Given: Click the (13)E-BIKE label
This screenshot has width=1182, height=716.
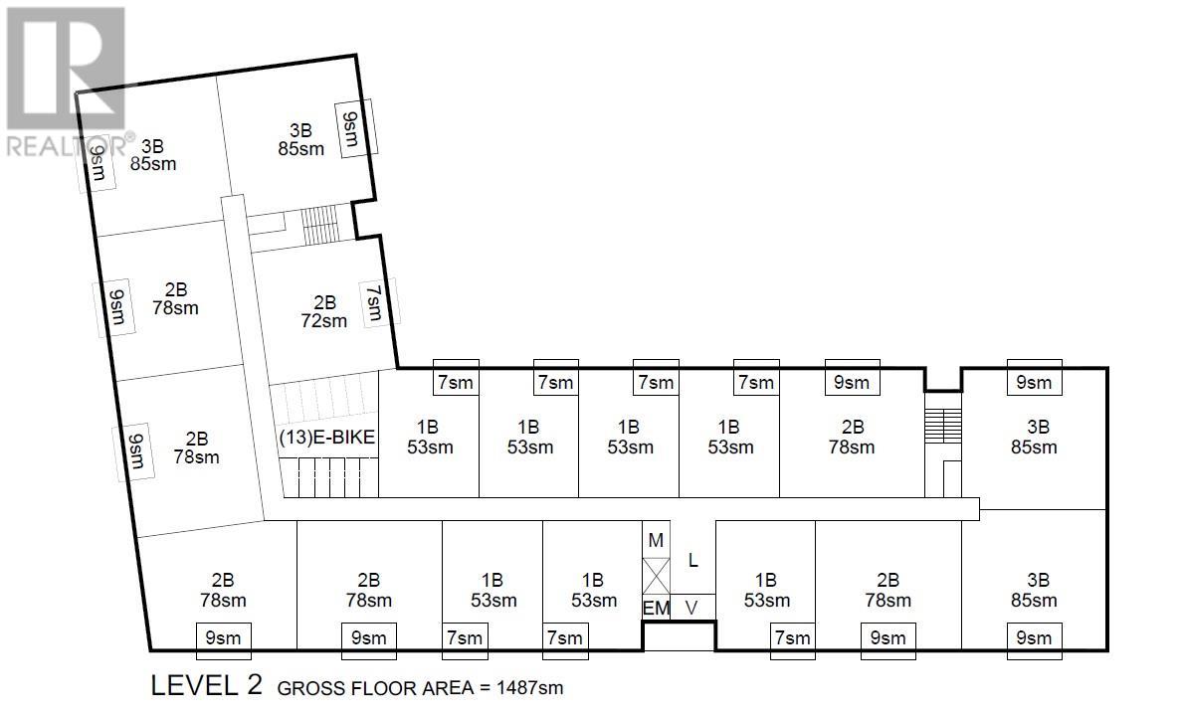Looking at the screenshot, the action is (326, 438).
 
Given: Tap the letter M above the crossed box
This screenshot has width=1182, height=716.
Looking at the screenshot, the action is (656, 540).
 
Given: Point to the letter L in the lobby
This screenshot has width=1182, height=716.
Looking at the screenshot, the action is (692, 560).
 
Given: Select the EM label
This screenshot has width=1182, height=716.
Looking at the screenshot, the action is (656, 608).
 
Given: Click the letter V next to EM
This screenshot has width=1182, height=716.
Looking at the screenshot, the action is (691, 608).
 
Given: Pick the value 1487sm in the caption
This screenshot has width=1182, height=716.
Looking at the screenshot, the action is (529, 687).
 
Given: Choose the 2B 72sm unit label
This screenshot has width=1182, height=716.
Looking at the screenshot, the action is (324, 311).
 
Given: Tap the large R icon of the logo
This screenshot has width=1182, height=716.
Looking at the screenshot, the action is (66, 68).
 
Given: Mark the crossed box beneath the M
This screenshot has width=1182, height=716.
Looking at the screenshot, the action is (656, 576).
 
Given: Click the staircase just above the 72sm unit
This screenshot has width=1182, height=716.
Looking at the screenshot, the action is (319, 225).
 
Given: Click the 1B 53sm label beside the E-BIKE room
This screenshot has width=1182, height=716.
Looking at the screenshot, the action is (430, 438).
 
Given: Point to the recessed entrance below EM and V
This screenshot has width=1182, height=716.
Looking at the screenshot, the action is (678, 635).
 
